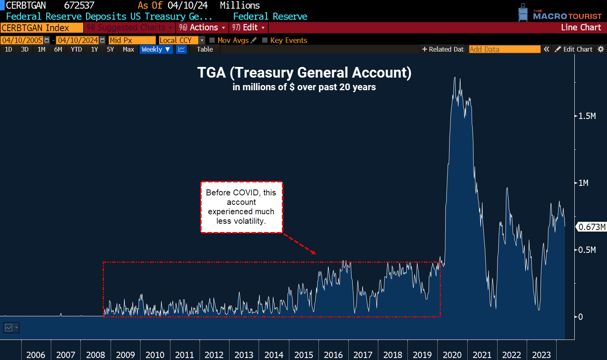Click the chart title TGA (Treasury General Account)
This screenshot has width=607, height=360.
point(304,73)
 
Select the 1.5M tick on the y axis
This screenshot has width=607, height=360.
point(587,116)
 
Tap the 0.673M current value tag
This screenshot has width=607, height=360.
point(592,227)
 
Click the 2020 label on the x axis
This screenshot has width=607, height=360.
point(452,355)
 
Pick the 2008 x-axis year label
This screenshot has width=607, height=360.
point(95,355)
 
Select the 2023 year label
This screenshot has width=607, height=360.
point(541,355)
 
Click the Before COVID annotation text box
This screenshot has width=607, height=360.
point(241,207)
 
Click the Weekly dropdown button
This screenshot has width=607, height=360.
point(155,50)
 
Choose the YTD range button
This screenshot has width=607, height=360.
point(76,50)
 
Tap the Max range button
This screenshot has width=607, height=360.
point(128,50)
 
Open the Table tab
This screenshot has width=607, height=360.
point(205,50)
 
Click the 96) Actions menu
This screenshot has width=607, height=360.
point(202,28)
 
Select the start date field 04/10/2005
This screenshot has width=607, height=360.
point(22,41)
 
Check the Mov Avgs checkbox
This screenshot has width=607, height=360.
point(212,40)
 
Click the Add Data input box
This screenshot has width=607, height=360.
point(504,50)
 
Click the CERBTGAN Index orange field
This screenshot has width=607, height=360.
point(41,28)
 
